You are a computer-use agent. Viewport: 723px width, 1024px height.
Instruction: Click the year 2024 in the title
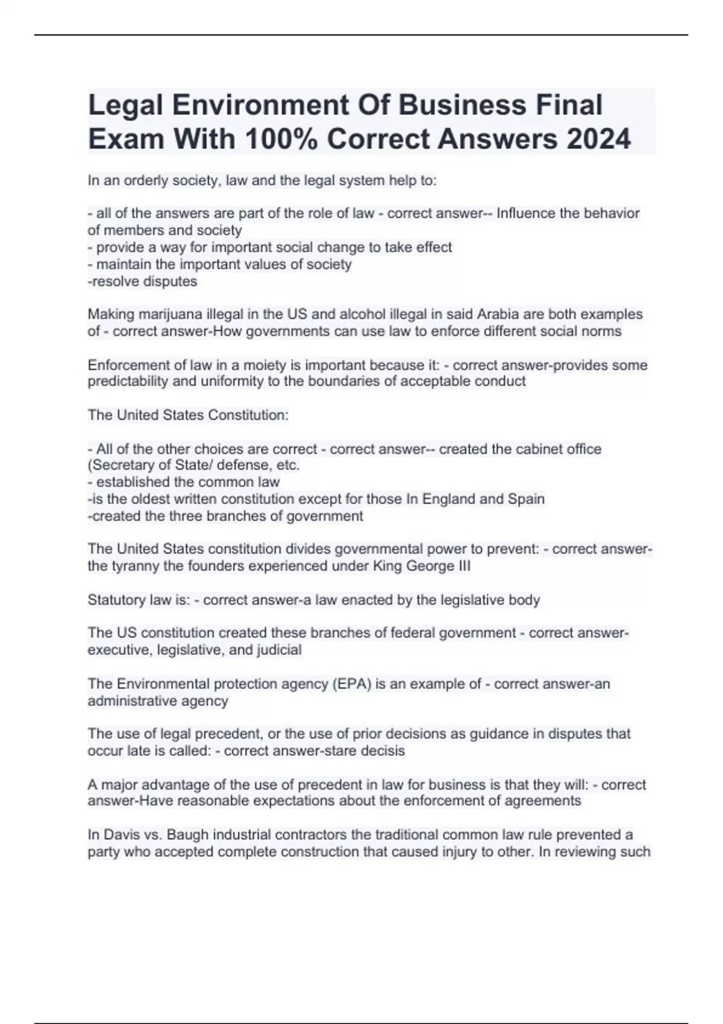click(x=598, y=139)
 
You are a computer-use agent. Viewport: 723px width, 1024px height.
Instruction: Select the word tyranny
click(x=136, y=566)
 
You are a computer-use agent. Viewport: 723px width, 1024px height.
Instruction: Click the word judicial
click(x=278, y=650)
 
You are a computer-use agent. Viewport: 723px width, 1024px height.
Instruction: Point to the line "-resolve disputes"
click(x=143, y=281)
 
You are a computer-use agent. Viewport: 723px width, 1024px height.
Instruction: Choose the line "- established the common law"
click(x=184, y=482)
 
